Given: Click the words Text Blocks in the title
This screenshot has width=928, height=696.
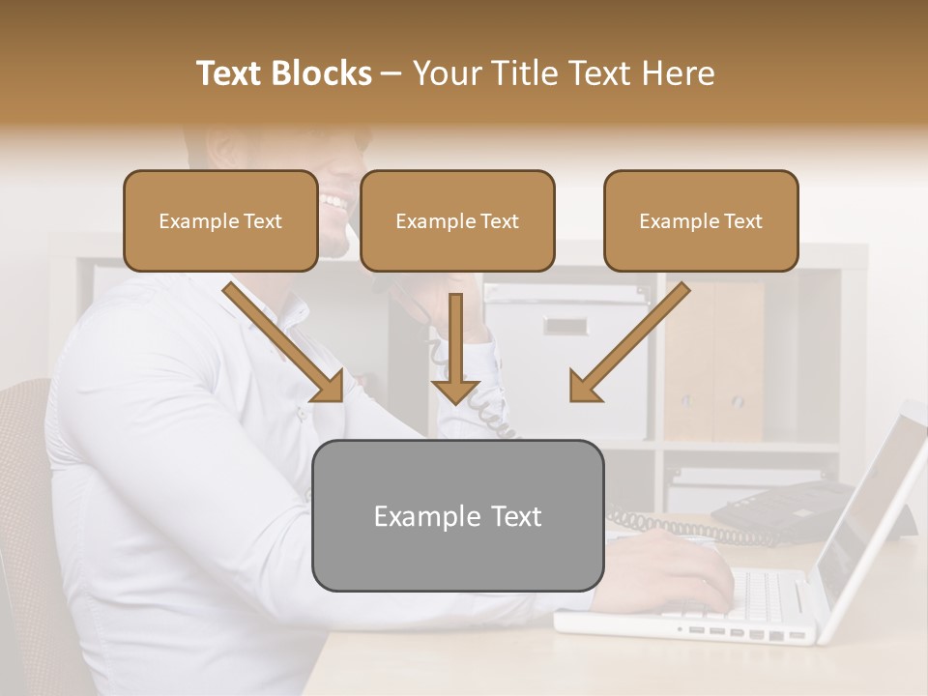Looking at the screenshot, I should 284,73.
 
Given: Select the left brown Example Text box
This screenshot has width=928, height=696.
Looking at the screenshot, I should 220,220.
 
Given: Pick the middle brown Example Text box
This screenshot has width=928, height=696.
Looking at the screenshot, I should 457,220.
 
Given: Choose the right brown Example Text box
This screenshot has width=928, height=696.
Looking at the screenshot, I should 701,220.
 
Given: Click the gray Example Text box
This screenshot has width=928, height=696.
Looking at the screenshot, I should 457,516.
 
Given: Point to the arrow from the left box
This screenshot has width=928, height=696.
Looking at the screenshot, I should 285,343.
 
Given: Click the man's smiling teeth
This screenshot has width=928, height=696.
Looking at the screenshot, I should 333,202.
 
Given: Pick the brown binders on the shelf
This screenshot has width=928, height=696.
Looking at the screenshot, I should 715,358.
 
